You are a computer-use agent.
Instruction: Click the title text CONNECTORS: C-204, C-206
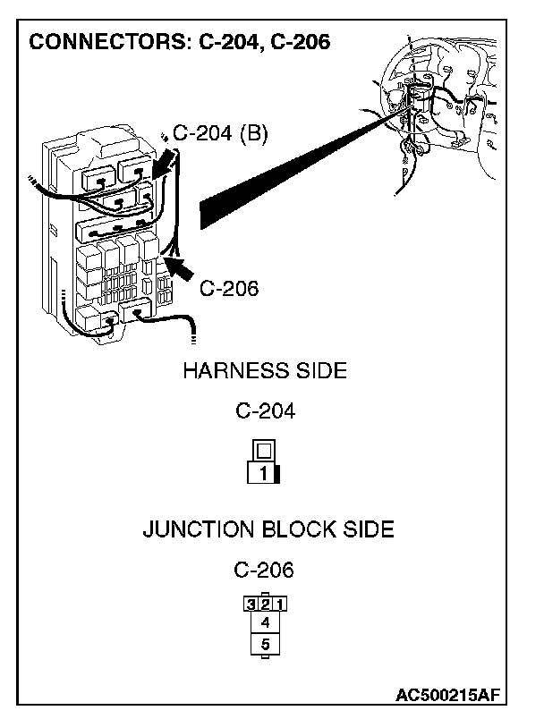coord(180,43)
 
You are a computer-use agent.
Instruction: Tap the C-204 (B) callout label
coord(219,134)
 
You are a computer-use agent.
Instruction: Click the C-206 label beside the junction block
coord(228,288)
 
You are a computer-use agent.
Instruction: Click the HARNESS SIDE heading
coord(264,370)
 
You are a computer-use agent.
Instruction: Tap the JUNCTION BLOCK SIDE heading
coord(268,529)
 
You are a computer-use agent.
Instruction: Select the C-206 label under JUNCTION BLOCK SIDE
coord(264,569)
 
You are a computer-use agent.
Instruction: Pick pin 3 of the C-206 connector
coord(250,603)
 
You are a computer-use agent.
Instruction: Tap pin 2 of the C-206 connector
coord(264,603)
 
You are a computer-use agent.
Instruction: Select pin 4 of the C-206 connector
coord(264,622)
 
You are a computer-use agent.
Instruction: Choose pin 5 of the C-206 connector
coord(264,643)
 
